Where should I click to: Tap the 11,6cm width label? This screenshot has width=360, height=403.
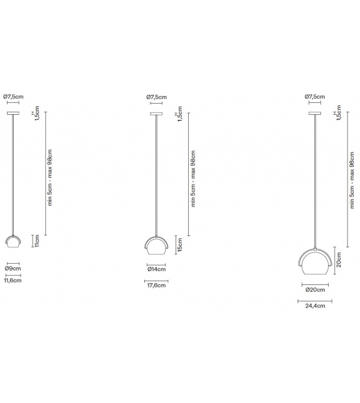click(13, 281)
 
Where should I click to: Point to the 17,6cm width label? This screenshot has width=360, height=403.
click(156, 286)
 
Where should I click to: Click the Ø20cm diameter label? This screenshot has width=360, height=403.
click(314, 289)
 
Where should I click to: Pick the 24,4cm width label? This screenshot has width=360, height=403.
click(314, 306)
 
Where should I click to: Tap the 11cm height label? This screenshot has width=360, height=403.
click(37, 240)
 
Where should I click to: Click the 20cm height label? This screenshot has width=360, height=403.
click(339, 259)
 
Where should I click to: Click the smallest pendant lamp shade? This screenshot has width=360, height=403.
click(13, 242)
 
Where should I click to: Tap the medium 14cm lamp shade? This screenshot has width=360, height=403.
click(156, 245)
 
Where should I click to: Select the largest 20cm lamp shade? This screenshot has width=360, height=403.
click(314, 264)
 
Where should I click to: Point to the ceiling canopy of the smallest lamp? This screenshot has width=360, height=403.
click(13, 113)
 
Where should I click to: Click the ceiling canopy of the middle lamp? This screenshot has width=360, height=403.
click(156, 113)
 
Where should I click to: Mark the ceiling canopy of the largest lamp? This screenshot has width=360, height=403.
click(314, 113)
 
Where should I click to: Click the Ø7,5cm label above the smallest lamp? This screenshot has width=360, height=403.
click(13, 97)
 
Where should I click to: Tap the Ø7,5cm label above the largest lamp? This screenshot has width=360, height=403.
click(314, 97)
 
